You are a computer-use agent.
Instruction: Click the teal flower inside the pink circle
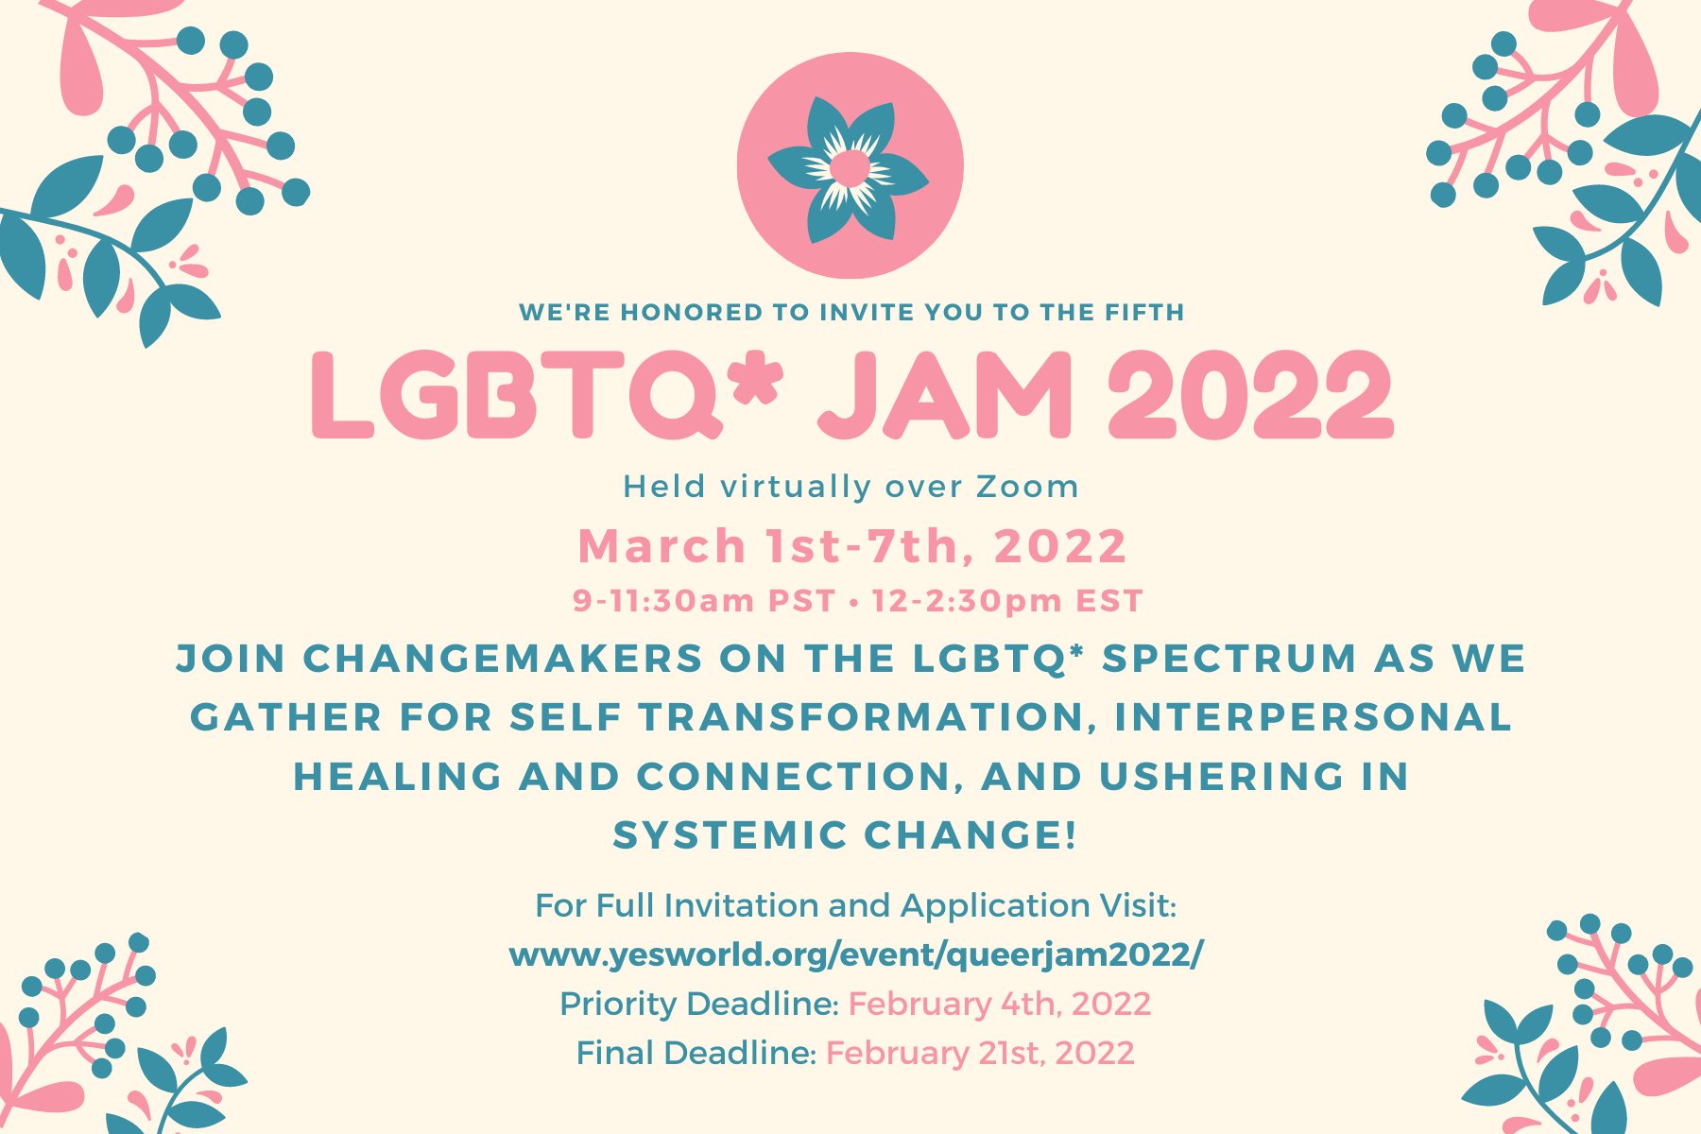coord(849,168)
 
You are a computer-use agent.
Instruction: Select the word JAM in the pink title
coord(946,395)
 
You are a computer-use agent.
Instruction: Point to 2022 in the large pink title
coord(1250,395)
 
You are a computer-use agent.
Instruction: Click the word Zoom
coord(1027,487)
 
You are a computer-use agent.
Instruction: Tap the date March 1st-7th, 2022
coord(852,546)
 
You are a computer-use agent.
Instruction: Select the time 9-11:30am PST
coord(704,601)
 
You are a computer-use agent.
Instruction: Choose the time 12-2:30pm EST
coord(1007,601)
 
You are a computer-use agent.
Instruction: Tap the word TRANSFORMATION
coord(861,717)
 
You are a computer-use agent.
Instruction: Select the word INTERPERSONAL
coord(1314,717)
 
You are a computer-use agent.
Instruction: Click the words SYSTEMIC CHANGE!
coord(846,835)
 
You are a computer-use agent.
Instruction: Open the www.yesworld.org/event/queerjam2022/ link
coord(856,955)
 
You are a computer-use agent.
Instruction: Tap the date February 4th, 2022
coord(1000,1004)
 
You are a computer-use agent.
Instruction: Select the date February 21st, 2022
coord(980,1053)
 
